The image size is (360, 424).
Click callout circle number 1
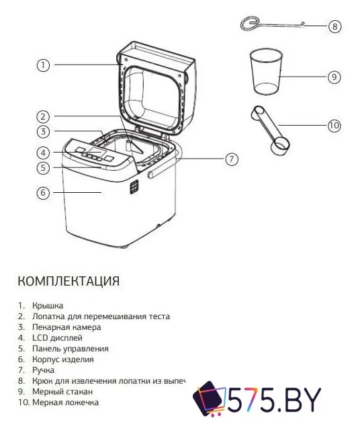(x=42, y=65)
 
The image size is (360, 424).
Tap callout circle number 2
(x=42, y=116)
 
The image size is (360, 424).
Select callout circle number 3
(x=42, y=132)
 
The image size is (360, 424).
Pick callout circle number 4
(x=42, y=153)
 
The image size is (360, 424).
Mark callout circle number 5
(x=42, y=167)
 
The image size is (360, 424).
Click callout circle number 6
(x=42, y=193)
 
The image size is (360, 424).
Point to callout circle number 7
(x=231, y=159)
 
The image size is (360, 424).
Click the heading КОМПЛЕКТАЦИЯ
(x=69, y=280)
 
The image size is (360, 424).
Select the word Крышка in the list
(x=48, y=305)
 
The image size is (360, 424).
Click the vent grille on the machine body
(x=134, y=186)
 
